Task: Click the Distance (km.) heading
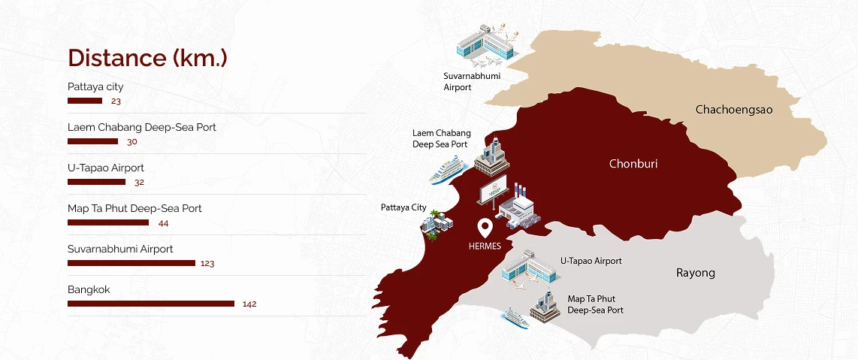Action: pos(147,58)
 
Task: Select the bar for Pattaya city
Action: pos(85,101)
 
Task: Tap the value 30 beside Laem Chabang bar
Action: pos(132,141)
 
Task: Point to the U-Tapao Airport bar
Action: pos(96,182)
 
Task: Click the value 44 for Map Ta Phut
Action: pos(164,222)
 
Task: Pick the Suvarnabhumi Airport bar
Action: pos(131,263)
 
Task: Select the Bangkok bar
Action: pos(151,304)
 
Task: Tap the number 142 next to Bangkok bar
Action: pos(250,304)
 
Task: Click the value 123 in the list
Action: pos(207,263)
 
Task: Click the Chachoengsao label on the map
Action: pos(734,110)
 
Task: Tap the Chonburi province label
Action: pos(633,163)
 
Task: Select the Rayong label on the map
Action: pos(696,273)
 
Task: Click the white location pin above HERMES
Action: pos(485,227)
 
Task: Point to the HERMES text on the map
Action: pos(485,246)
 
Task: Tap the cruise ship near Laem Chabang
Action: pos(445,170)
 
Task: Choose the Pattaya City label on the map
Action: pos(403,207)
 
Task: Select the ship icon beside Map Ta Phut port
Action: pos(516,316)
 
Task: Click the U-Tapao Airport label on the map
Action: pos(591,261)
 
